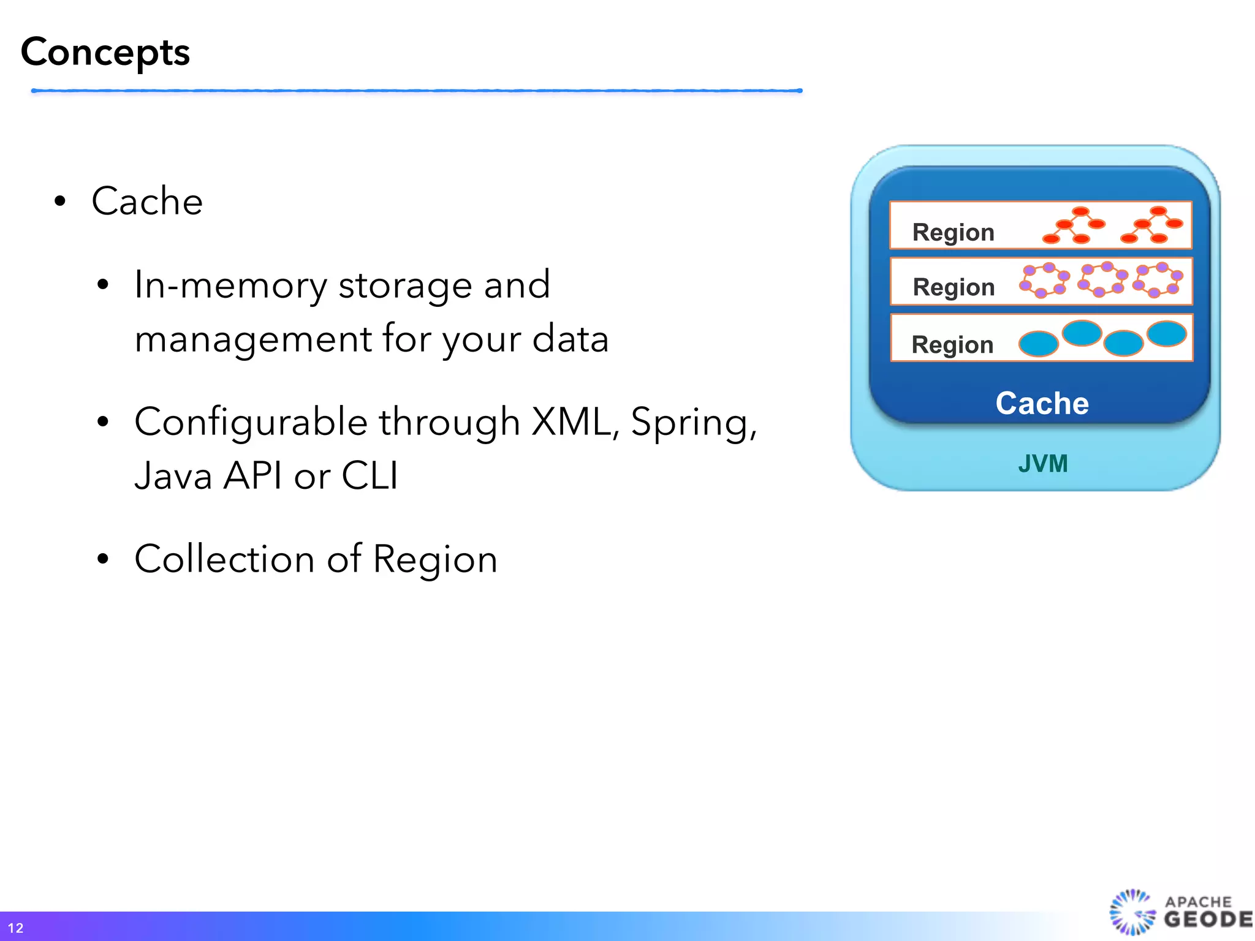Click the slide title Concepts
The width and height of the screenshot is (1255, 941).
pyautogui.click(x=105, y=53)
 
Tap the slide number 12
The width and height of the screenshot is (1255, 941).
pyautogui.click(x=15, y=928)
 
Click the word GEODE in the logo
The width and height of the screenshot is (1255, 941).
pyautogui.click(x=1207, y=919)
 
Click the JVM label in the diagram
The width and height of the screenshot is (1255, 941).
pyautogui.click(x=1042, y=464)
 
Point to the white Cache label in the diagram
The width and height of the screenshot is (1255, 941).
pyautogui.click(x=1042, y=403)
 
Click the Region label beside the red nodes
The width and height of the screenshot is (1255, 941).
pyautogui.click(x=953, y=233)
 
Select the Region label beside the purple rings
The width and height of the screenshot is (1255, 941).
pyautogui.click(x=954, y=287)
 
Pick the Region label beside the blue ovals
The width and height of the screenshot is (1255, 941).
pyautogui.click(x=952, y=345)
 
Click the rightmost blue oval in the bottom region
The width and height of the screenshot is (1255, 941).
pyautogui.click(x=1166, y=334)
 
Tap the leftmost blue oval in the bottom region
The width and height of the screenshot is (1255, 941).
pyautogui.click(x=1038, y=344)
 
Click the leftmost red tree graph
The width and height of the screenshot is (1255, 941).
pyautogui.click(x=1074, y=225)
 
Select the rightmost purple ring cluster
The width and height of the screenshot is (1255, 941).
pyautogui.click(x=1158, y=280)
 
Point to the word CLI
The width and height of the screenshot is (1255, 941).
pyautogui.click(x=370, y=475)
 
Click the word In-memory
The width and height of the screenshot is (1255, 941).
pyautogui.click(x=230, y=285)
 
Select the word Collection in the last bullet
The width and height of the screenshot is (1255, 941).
pyautogui.click(x=224, y=559)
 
